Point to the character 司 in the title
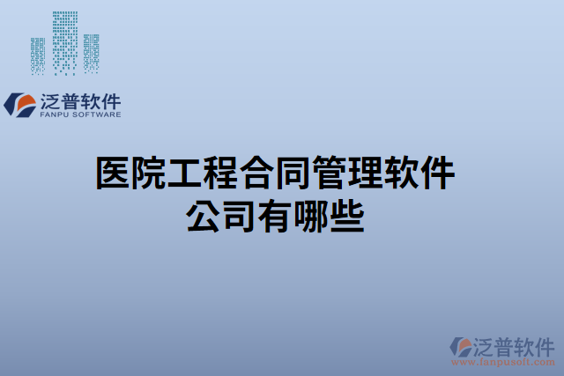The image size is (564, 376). pyautogui.click(x=239, y=215)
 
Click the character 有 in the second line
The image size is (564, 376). pyautogui.click(x=275, y=215)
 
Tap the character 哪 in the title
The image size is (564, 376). pyautogui.click(x=311, y=215)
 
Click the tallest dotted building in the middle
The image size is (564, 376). pyautogui.click(x=64, y=42)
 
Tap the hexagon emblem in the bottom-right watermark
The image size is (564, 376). pyautogui.click(x=461, y=347)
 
